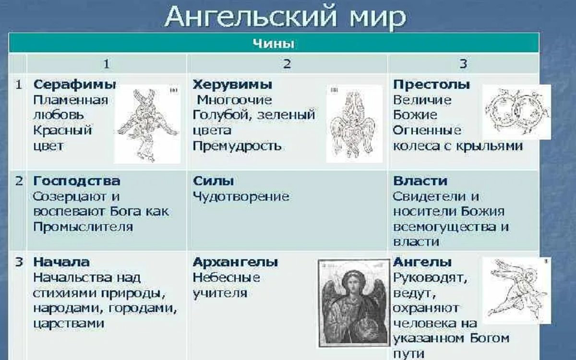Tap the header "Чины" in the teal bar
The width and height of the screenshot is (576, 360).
pyautogui.click(x=273, y=44)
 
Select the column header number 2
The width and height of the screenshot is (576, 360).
pyautogui.click(x=287, y=64)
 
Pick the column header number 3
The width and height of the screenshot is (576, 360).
pyautogui.click(x=463, y=64)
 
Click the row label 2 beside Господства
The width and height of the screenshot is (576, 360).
pyautogui.click(x=19, y=181)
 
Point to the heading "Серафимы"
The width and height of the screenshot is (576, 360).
pyautogui.click(x=74, y=85)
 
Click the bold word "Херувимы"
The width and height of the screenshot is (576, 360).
pyautogui.click(x=232, y=85)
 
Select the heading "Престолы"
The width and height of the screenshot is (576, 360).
pyautogui.click(x=432, y=85)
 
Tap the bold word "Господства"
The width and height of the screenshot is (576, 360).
pyautogui.click(x=77, y=181)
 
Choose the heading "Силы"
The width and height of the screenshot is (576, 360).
pyautogui.click(x=213, y=181)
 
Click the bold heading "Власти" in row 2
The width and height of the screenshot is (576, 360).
pyautogui.click(x=420, y=181)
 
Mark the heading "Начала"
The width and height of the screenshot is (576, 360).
pyautogui.click(x=61, y=263)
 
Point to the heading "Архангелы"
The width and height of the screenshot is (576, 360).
pyautogui.click(x=235, y=263)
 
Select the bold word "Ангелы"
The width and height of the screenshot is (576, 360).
pyautogui.click(x=422, y=263)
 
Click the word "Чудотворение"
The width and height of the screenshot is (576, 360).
pyautogui.click(x=241, y=197)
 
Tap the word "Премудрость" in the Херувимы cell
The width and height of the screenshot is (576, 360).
pyautogui.click(x=237, y=146)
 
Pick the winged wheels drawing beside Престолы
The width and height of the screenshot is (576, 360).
pyautogui.click(x=516, y=112)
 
